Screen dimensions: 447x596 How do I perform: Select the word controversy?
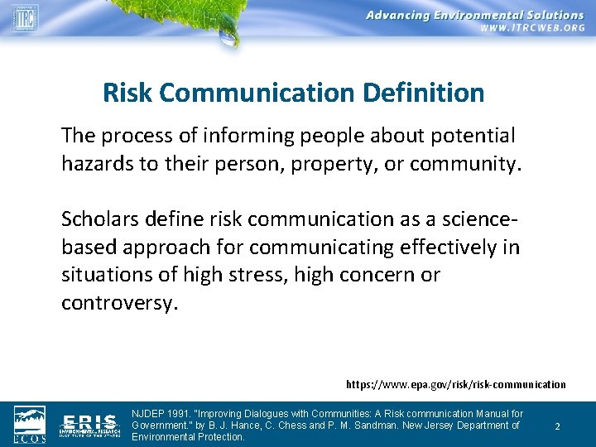119,302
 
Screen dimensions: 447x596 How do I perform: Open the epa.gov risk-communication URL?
456,384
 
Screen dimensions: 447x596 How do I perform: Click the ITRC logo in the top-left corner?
25,17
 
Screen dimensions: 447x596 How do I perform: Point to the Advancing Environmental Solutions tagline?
475,14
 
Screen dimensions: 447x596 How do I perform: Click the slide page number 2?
557,426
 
